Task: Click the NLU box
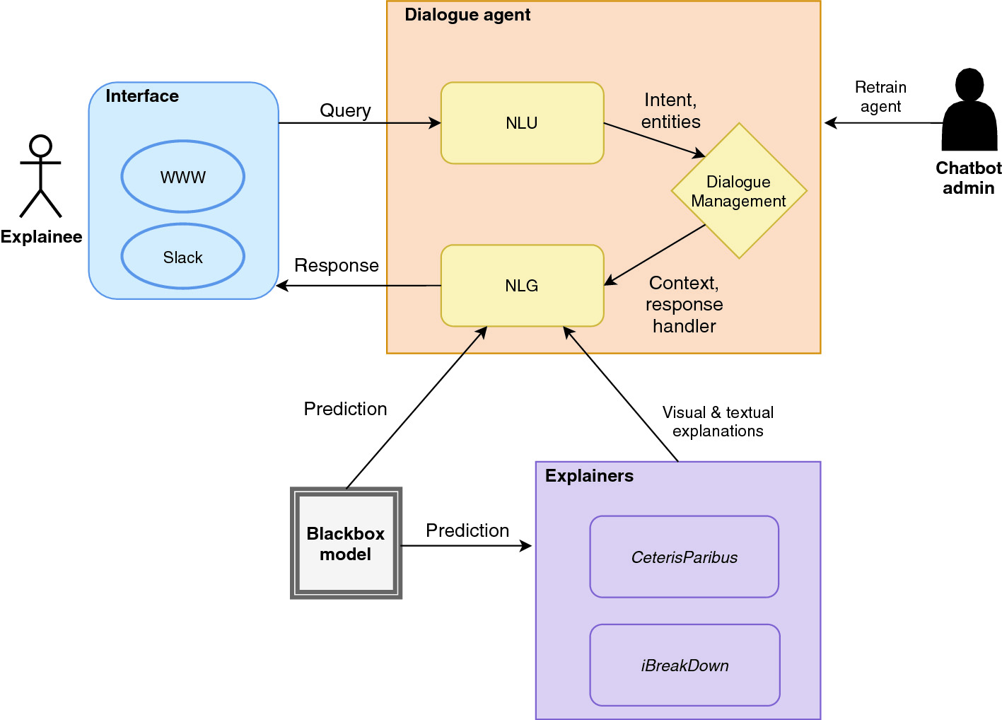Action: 522,122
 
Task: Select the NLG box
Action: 522,286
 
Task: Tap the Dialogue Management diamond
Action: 739,191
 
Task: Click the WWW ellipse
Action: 183,177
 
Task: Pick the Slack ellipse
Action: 183,257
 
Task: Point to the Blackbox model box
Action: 346,542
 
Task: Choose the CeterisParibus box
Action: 684,557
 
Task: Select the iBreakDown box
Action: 684,665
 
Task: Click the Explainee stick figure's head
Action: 41,146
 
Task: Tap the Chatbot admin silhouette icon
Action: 969,110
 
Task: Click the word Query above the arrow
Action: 345,110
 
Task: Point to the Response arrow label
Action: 337,265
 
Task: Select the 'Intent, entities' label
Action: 670,110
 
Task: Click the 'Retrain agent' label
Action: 880,97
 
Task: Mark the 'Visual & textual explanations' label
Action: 718,422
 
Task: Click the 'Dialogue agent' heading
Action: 467,15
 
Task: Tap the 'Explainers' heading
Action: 589,475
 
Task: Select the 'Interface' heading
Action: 142,95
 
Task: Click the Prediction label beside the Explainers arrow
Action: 467,530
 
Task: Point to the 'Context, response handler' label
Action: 684,304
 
